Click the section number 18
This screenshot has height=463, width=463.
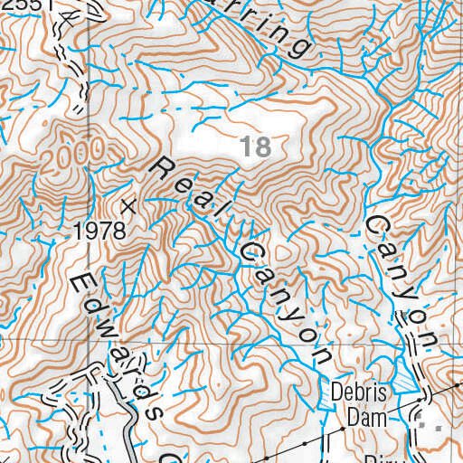pyautogui.click(x=256, y=146)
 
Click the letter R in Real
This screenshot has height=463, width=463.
pyautogui.click(x=164, y=166)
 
